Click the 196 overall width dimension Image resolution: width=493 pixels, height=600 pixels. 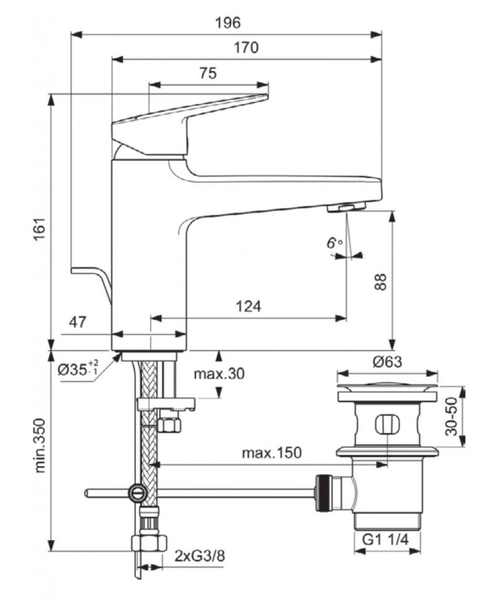click(227, 23)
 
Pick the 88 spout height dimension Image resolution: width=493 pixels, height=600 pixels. click(381, 282)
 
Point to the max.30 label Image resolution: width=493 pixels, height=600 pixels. click(219, 374)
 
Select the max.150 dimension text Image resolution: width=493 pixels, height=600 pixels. click(272, 453)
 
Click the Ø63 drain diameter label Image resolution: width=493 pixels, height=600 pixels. click(387, 362)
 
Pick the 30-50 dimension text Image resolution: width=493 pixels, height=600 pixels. click(451, 415)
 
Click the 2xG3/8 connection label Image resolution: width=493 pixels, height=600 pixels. click(199, 555)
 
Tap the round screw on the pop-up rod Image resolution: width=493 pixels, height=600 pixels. click(137, 492)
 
